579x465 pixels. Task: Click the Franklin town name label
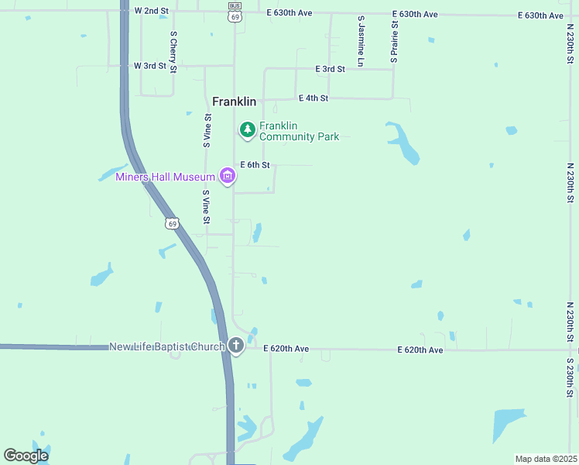[x=234, y=102]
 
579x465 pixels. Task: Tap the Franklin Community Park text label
[x=299, y=131]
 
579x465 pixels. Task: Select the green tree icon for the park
[x=247, y=129]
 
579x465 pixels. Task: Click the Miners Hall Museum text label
[x=165, y=177]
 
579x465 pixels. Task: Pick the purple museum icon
[x=228, y=177]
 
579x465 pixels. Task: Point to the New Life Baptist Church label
[x=166, y=346]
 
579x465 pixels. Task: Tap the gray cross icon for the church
[x=235, y=346]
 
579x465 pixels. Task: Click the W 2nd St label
[x=151, y=11]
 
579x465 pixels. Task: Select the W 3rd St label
[x=150, y=66]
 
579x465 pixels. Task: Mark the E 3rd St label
[x=330, y=69]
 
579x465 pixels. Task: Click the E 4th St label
[x=313, y=98]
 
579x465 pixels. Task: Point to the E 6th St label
[x=255, y=165]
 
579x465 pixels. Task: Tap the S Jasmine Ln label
[x=361, y=40]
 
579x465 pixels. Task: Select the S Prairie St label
[x=394, y=41]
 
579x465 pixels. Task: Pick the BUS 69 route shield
[x=235, y=11]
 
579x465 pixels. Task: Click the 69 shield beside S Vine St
[x=172, y=223]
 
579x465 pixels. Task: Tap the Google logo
[x=26, y=455]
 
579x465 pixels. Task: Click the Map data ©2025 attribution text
[x=546, y=459]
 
